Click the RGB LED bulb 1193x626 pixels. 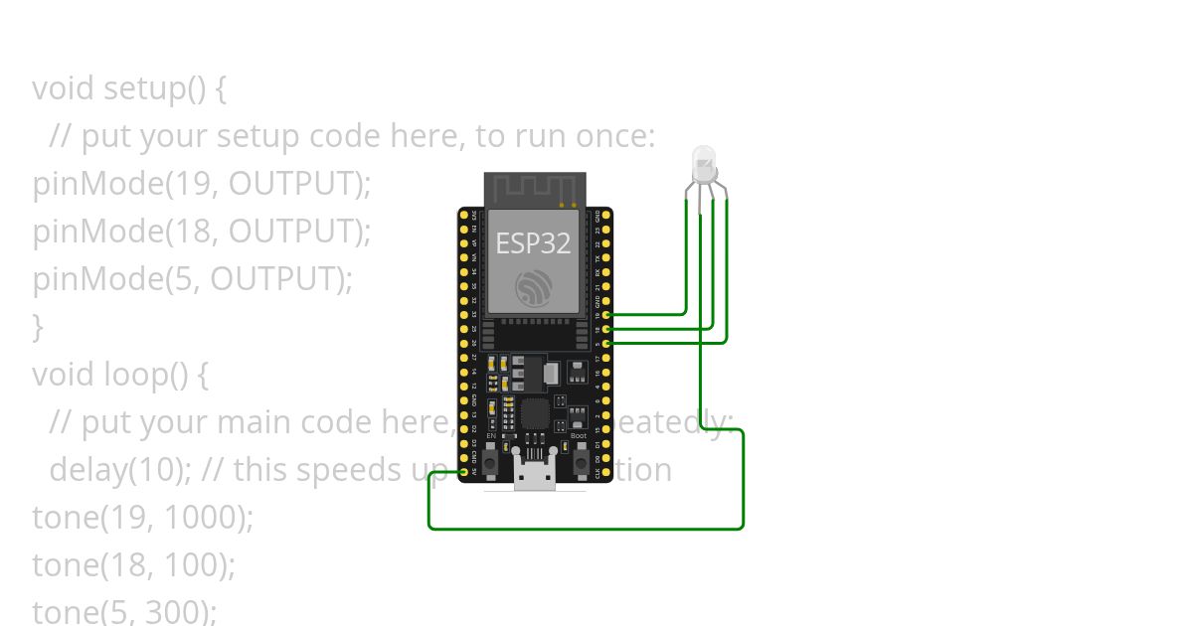pos(704,164)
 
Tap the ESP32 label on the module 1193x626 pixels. pos(534,243)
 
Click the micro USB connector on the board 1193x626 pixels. pos(535,477)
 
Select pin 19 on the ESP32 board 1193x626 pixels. pos(606,314)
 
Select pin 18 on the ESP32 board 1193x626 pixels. pos(606,328)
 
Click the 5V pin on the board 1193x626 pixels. pos(464,472)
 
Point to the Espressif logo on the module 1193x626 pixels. pos(535,288)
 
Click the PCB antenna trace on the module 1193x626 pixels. pos(535,188)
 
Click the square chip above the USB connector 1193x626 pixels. pos(535,414)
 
